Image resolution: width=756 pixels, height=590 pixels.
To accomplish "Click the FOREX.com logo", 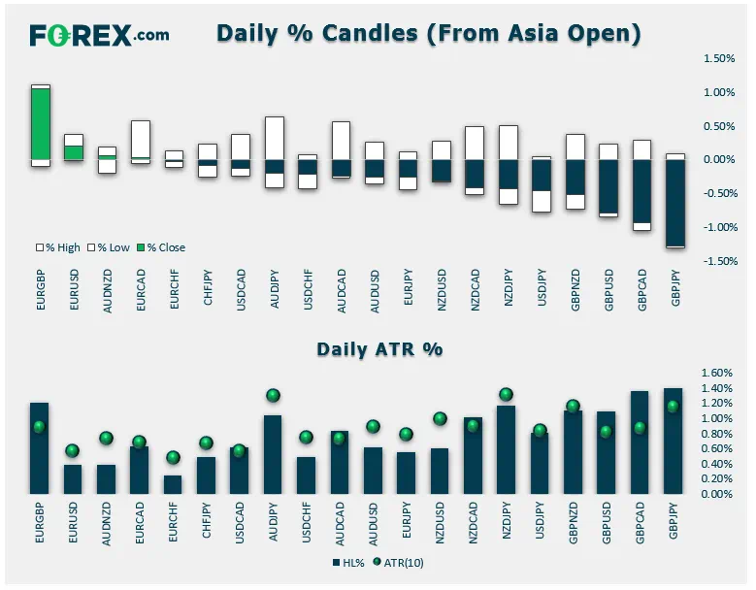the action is pos(99,35).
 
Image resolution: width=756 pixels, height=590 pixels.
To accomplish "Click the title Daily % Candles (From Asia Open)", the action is pos(429,33).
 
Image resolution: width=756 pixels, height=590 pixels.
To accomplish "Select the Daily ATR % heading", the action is pos(379,349).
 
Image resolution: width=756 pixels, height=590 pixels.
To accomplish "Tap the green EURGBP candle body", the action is pos(41,124).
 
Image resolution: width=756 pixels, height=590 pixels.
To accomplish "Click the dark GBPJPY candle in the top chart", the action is pos(675,203).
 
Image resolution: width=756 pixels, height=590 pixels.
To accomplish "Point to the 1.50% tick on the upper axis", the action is pos(719,58).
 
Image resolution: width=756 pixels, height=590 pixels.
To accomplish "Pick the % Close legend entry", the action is pos(161,247).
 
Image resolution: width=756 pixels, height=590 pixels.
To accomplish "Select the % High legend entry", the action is pos(58,247).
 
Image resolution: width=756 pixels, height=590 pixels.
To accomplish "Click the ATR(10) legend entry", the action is pos(398,563).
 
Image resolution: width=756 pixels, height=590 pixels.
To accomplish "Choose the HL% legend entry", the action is pos(348,563).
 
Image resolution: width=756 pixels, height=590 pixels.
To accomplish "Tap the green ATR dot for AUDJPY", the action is pos(273,396).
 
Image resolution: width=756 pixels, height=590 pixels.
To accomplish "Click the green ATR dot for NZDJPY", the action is pos(506,394).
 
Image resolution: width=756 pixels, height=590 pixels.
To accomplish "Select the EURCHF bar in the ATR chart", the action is pos(173,484).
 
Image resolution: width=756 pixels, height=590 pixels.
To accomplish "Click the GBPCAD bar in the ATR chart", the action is pos(640,442).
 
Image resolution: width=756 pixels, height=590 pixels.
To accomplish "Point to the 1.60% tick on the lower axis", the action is pos(717,373).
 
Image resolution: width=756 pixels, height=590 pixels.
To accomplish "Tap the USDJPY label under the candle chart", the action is pos(542,287).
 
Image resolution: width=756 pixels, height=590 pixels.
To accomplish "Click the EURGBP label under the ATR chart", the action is pos(40,523).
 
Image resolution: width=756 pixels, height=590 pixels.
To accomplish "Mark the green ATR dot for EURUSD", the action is pos(73,451).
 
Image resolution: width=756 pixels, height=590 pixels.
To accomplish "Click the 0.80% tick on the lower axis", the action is pos(717,434).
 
